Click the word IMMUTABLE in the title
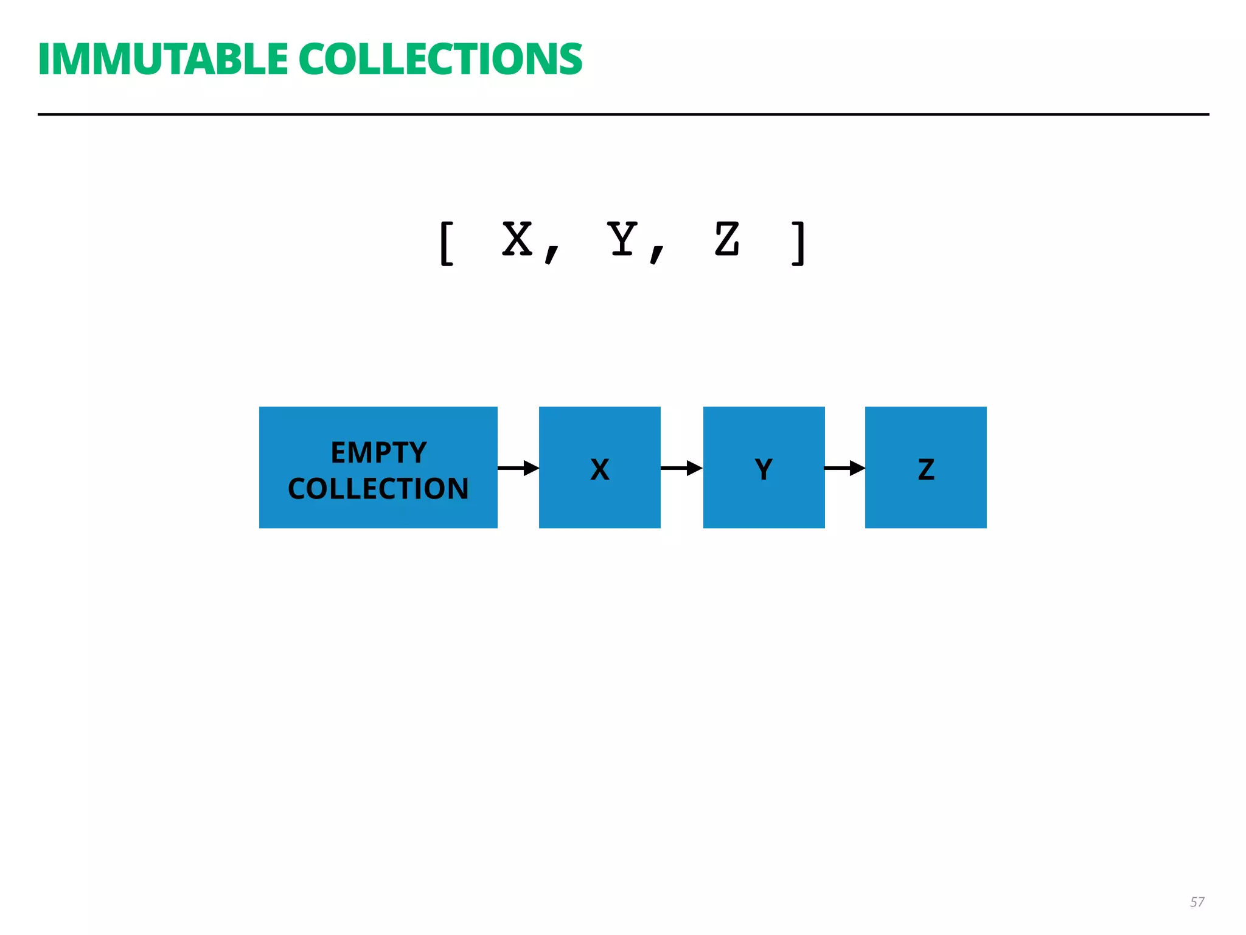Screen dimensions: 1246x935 click(x=162, y=60)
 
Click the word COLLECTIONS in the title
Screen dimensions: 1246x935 click(x=440, y=60)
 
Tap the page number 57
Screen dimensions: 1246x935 click(x=1197, y=902)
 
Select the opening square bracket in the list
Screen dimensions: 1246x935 click(x=447, y=243)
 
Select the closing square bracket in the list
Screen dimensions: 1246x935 click(x=798, y=243)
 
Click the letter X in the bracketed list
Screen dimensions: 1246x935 click(x=517, y=239)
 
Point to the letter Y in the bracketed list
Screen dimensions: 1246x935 click(x=622, y=239)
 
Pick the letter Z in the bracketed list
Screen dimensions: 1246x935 click(x=727, y=239)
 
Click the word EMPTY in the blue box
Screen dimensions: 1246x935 click(x=378, y=452)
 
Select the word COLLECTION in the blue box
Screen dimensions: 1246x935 click(x=378, y=489)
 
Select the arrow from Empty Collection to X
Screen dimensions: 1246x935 click(x=518, y=468)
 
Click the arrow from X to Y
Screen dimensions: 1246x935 click(x=681, y=468)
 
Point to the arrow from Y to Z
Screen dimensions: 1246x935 click(x=844, y=468)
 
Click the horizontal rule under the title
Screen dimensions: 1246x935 click(x=623, y=114)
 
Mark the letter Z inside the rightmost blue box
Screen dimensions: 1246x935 click(x=926, y=469)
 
